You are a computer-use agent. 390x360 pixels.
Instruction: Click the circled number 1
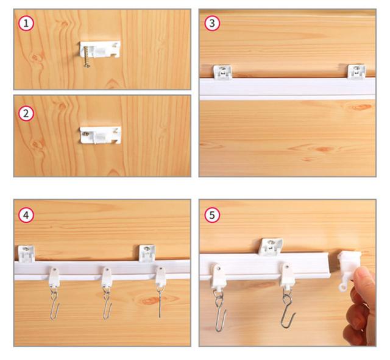[26, 23]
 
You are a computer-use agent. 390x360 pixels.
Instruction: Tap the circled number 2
[26, 114]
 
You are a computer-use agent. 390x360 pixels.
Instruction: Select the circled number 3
[212, 23]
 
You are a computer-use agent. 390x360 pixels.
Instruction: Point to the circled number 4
[26, 215]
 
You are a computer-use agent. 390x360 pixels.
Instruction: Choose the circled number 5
[212, 215]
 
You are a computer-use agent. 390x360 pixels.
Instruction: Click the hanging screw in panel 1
[87, 57]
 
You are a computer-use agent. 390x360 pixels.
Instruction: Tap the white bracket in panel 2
[101, 135]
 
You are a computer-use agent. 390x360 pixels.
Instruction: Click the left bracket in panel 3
[222, 72]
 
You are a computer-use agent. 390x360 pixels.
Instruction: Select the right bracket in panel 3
[356, 71]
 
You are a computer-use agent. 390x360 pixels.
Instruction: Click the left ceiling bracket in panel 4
[26, 253]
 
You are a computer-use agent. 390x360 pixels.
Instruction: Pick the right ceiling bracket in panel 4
[147, 253]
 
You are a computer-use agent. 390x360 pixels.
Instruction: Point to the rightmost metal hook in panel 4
[159, 302]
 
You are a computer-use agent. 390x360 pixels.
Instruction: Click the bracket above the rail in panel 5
[271, 247]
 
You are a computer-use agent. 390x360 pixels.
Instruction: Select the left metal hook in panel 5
[220, 311]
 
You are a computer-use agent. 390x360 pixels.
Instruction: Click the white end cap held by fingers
[349, 270]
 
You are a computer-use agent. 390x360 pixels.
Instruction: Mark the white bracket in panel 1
[100, 49]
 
